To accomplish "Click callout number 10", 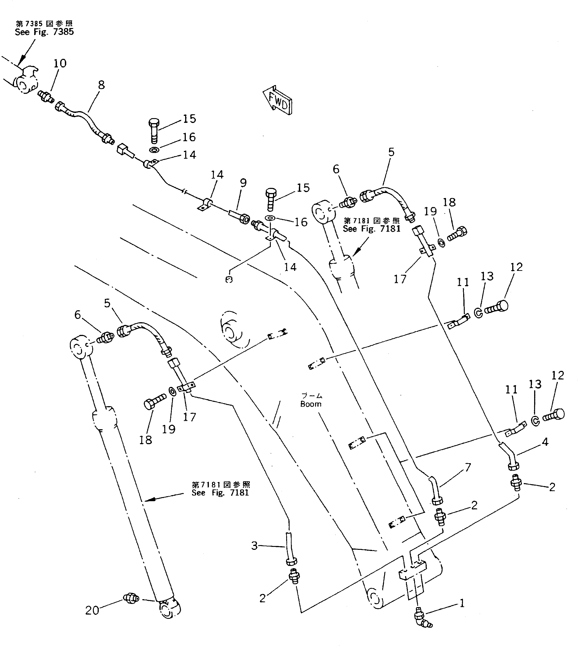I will point(60,64).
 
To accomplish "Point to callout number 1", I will point(462,603).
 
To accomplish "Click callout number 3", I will point(254,546).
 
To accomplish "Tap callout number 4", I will point(545,442).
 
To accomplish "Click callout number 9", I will point(243,183).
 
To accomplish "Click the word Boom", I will point(311,404).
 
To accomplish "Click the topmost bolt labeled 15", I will point(154,130).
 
